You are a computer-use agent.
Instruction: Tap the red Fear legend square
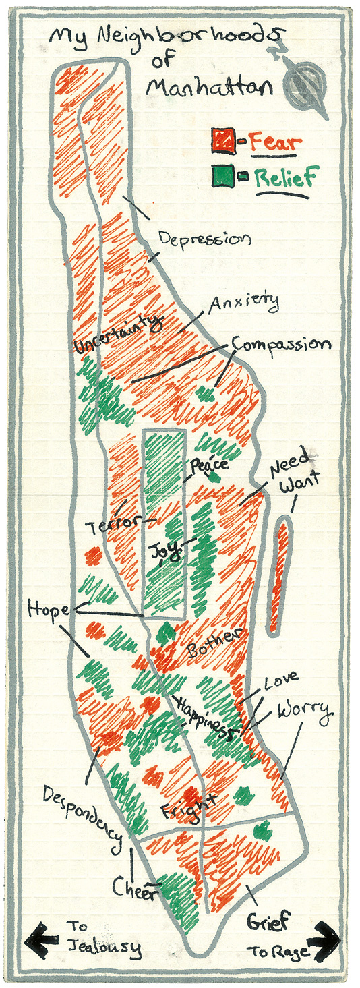click(222, 140)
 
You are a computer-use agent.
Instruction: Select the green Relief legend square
click(222, 177)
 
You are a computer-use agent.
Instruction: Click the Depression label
click(205, 239)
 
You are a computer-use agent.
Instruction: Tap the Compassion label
click(281, 343)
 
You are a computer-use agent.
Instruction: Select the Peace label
click(209, 465)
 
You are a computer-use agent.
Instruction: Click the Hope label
click(49, 610)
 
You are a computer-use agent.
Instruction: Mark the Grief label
click(268, 920)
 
